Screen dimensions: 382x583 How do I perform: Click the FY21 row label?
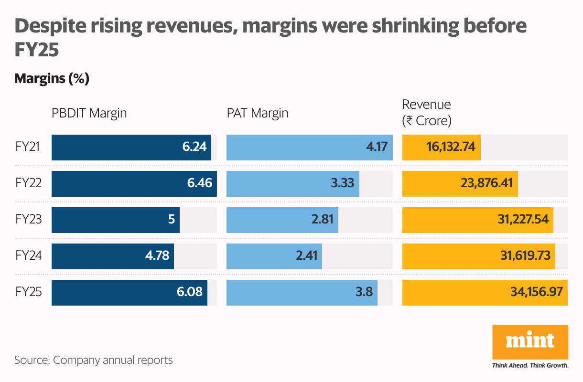(28, 147)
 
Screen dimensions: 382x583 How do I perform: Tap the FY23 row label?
(28, 220)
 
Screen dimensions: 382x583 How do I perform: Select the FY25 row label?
(28, 292)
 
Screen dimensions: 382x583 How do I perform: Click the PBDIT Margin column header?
(89, 113)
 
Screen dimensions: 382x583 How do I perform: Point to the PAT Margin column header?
(257, 113)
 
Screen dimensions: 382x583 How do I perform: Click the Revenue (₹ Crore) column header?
(427, 113)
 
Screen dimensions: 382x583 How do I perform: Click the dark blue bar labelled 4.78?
(113, 256)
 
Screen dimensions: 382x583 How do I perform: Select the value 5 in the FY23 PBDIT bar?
(171, 220)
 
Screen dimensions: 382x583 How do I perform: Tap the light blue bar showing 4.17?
(309, 147)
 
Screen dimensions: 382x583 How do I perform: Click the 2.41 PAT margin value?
(306, 256)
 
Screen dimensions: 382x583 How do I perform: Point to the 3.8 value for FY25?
(364, 292)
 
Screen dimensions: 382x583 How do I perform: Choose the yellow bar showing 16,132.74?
(441, 147)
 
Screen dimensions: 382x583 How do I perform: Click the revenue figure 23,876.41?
(489, 183)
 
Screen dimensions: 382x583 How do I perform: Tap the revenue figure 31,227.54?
(524, 220)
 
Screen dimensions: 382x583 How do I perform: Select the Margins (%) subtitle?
(52, 78)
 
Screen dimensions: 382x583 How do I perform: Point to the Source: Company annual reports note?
(94, 360)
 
